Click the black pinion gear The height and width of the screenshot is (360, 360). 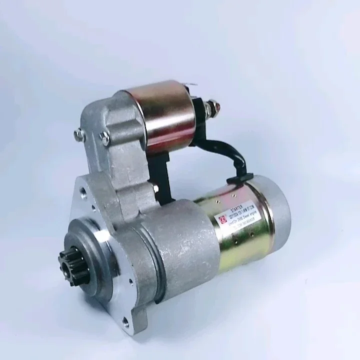pyautogui.click(x=72, y=265)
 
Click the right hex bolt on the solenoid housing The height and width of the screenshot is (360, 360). pyautogui.click(x=104, y=137)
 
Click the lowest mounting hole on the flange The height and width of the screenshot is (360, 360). pyautogui.click(x=125, y=324)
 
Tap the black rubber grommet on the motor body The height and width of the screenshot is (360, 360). pyautogui.click(x=240, y=178)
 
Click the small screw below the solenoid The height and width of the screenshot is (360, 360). pyautogui.click(x=156, y=188)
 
